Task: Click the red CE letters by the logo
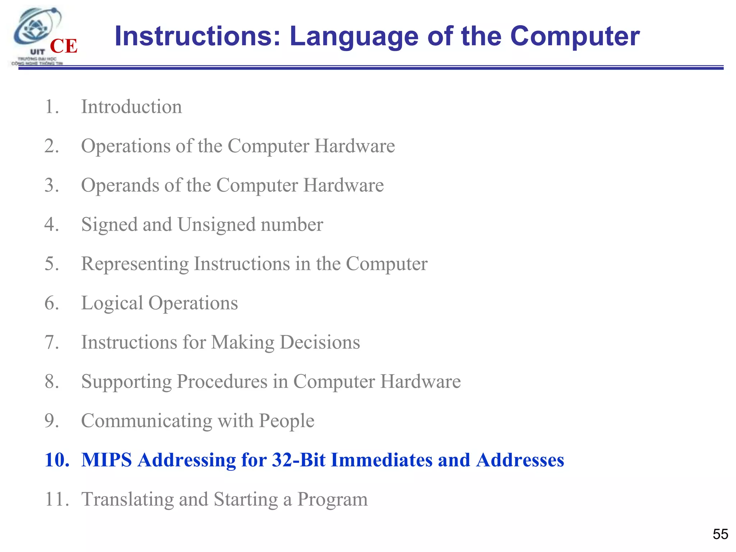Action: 64,46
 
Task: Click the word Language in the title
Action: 354,37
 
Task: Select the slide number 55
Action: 720,534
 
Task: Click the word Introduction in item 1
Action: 132,107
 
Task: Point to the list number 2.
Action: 52,146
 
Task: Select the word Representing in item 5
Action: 135,264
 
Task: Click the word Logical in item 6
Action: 112,303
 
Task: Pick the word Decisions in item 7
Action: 320,342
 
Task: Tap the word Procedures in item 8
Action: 222,382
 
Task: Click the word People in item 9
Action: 286,420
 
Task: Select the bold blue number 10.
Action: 57,460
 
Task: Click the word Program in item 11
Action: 332,499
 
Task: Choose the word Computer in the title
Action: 575,37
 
